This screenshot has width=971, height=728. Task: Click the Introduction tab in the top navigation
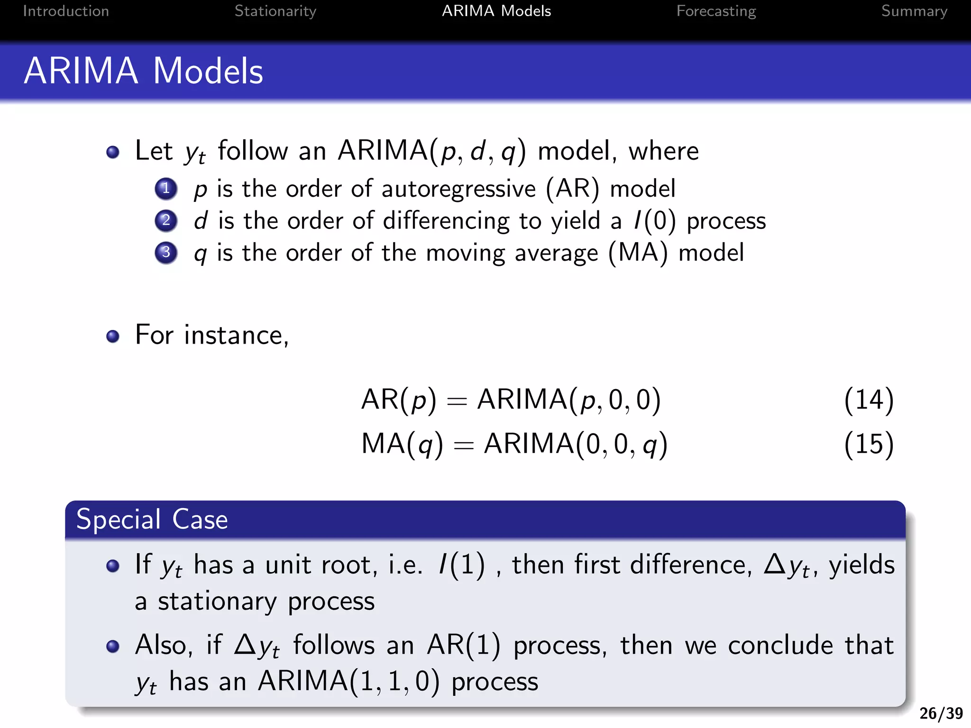point(66,11)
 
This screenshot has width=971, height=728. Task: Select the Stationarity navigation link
point(275,11)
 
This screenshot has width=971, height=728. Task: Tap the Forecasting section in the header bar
point(716,11)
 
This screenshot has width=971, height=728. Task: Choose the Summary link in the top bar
point(914,11)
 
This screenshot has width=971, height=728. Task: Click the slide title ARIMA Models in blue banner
point(143,71)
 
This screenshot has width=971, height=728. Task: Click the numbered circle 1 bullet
point(166,189)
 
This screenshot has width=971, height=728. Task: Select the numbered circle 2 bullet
point(166,220)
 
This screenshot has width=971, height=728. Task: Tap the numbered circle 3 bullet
point(166,252)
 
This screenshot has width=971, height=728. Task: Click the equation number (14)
point(869,400)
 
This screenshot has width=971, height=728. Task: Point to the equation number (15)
point(869,444)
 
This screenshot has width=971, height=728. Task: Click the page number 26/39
point(941,713)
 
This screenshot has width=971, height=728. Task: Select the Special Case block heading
point(152,519)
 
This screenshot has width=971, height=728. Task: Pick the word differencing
point(446,221)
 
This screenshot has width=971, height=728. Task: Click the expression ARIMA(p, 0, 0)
point(568,400)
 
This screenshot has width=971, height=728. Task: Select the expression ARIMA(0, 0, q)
point(575,445)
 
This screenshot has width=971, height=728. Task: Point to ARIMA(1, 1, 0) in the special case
point(348,682)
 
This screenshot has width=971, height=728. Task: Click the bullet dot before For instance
point(113,336)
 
